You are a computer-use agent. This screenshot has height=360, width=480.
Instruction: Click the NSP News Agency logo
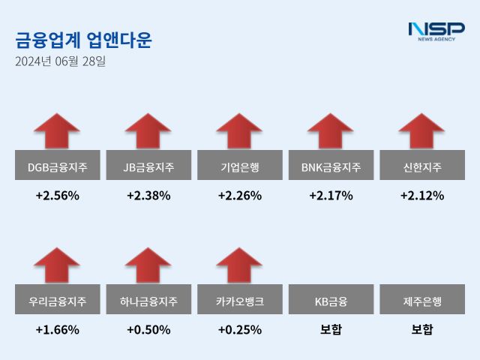(436, 31)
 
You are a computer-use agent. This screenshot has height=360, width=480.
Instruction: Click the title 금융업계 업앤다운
(83, 40)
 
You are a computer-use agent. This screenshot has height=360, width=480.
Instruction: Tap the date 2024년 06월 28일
(60, 61)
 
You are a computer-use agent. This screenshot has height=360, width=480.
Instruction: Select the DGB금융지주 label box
(57, 166)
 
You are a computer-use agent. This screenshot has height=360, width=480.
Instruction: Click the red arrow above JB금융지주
(148, 131)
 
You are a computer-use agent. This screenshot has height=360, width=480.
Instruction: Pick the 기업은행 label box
(239, 166)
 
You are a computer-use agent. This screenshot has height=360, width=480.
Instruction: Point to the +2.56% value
(57, 196)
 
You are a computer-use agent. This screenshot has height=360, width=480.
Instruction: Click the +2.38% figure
(148, 196)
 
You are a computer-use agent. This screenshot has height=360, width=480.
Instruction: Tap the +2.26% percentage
(239, 196)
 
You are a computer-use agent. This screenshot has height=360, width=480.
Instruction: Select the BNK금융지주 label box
(331, 166)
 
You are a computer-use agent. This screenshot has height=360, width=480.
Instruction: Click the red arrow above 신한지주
(422, 131)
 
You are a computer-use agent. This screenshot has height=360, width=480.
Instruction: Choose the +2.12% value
(422, 196)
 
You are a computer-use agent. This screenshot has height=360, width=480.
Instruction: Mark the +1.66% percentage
(57, 329)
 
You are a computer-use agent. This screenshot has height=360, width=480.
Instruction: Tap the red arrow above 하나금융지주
(148, 265)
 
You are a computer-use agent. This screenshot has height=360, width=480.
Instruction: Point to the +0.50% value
(148, 329)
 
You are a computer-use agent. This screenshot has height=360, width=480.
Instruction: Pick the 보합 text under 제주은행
(422, 329)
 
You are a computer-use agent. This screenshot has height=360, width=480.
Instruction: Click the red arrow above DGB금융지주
(57, 131)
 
